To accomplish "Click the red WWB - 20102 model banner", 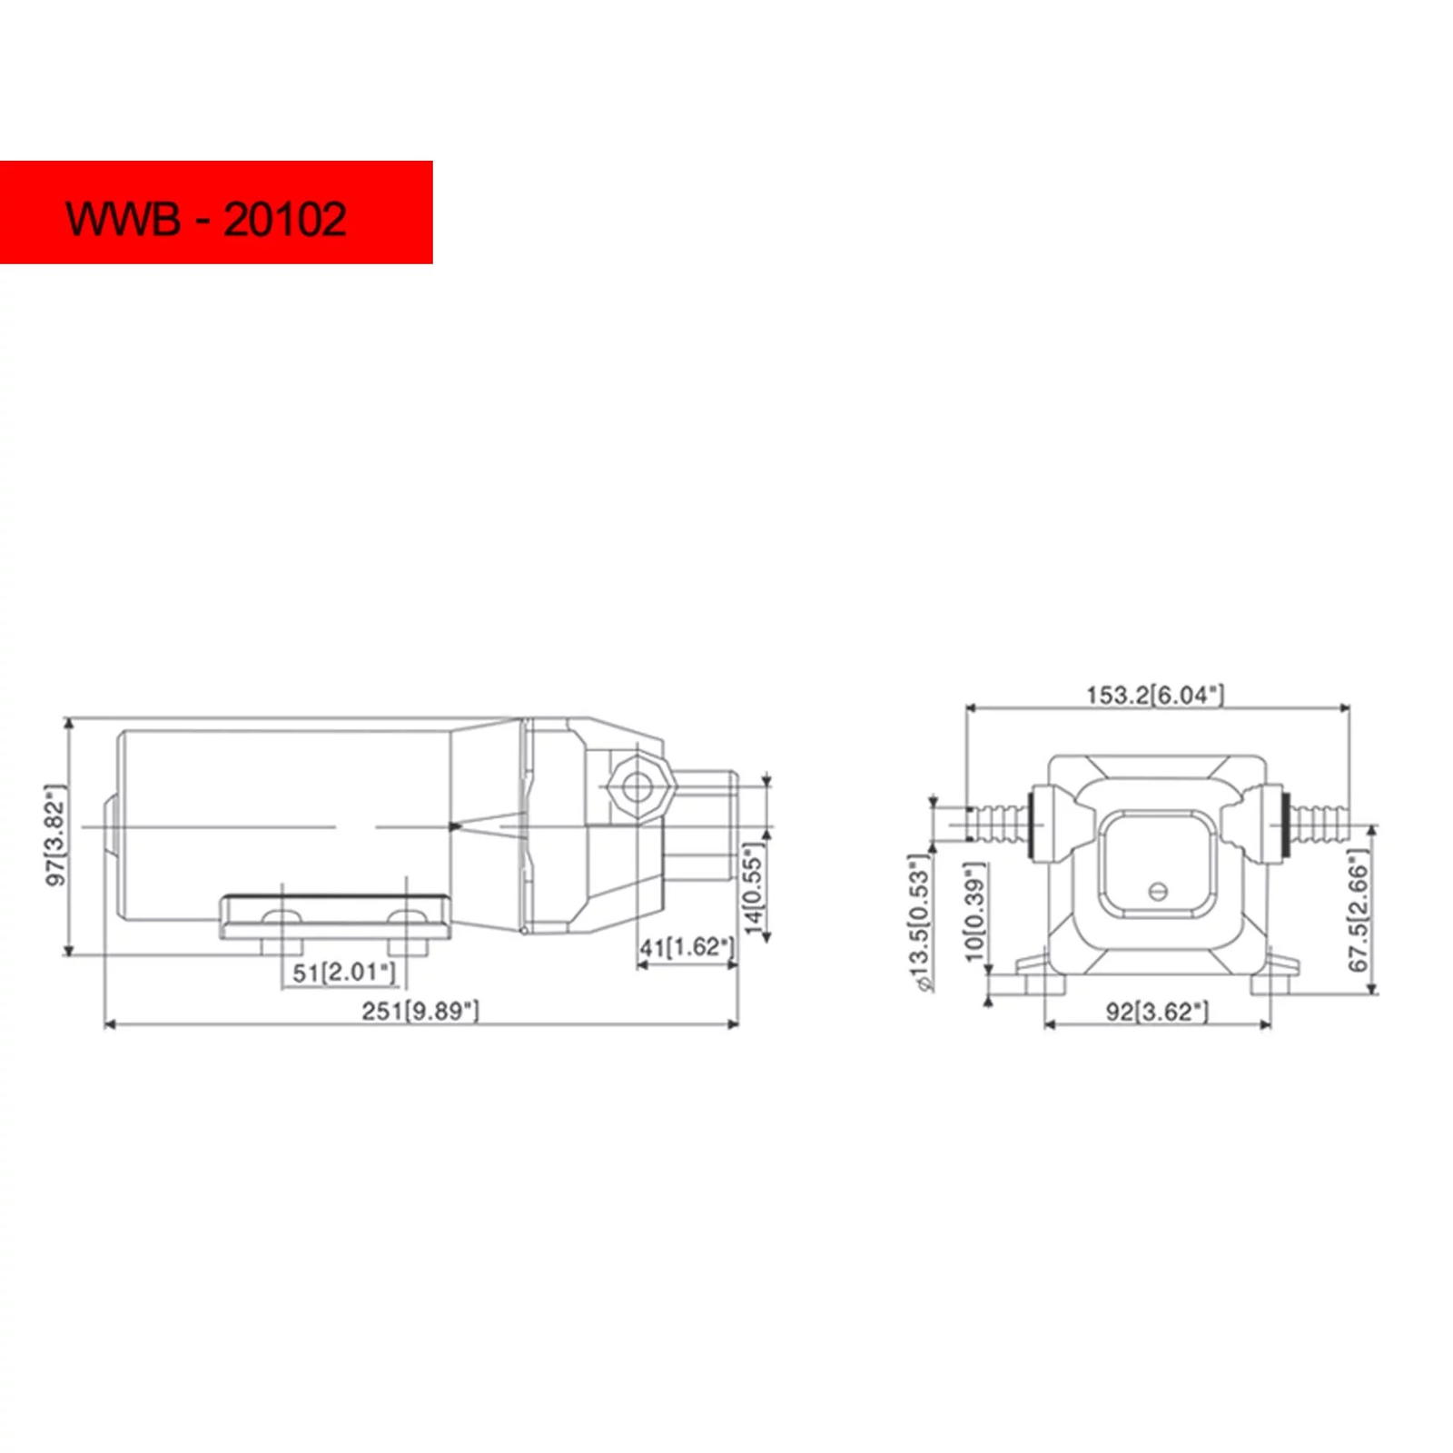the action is [x=216, y=213].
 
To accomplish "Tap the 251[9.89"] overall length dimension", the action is [x=420, y=1011].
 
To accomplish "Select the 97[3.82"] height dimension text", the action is [x=56, y=835].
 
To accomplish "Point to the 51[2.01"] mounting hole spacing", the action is [x=344, y=973].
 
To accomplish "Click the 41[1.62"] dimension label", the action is [x=686, y=947].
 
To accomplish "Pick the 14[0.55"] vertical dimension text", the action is [x=754, y=888].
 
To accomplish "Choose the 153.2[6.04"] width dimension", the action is [x=1155, y=695].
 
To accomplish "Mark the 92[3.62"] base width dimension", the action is [x=1157, y=1012].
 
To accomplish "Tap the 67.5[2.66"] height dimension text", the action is [x=1358, y=911].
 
